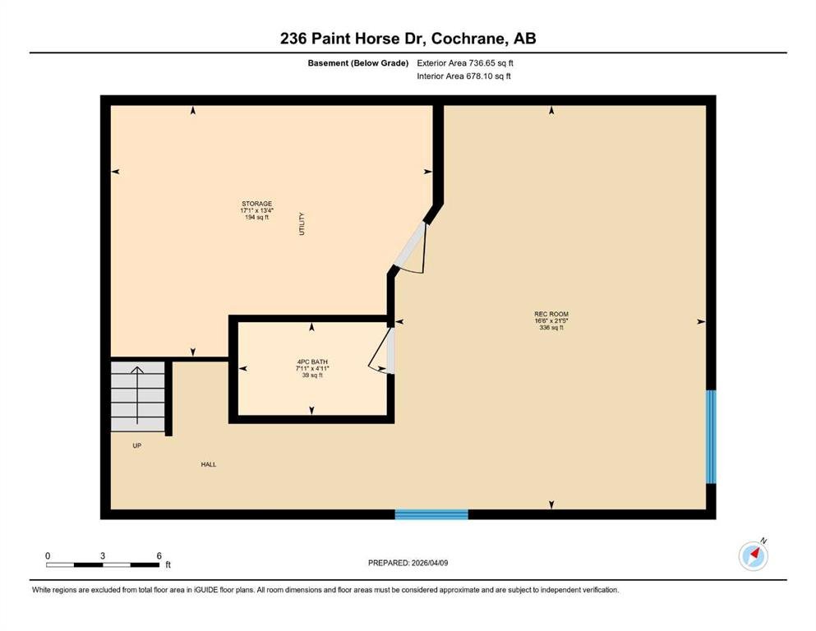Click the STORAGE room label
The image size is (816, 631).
pos(256,204)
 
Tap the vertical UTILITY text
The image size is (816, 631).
pos(302,223)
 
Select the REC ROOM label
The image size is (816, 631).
pos(551,314)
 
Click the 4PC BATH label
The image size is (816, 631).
pos(312,362)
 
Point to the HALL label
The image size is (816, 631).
pos(208,464)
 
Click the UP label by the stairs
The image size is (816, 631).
pos(137,446)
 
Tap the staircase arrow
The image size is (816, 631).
pos(137,395)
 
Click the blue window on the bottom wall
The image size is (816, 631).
pos(431,514)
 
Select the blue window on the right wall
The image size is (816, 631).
pos(711,437)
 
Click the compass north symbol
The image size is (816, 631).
pos(754,555)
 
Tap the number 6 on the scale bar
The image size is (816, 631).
pos(159,555)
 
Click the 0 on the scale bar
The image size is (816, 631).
pos(48,555)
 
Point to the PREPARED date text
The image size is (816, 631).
pos(408,563)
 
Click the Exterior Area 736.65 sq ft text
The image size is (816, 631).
pos(465,63)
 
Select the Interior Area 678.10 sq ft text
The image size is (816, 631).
pos(463,76)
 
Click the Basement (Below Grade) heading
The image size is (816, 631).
pos(358,63)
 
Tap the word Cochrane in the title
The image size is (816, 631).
pos(468,39)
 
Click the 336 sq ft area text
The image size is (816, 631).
pos(551,328)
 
